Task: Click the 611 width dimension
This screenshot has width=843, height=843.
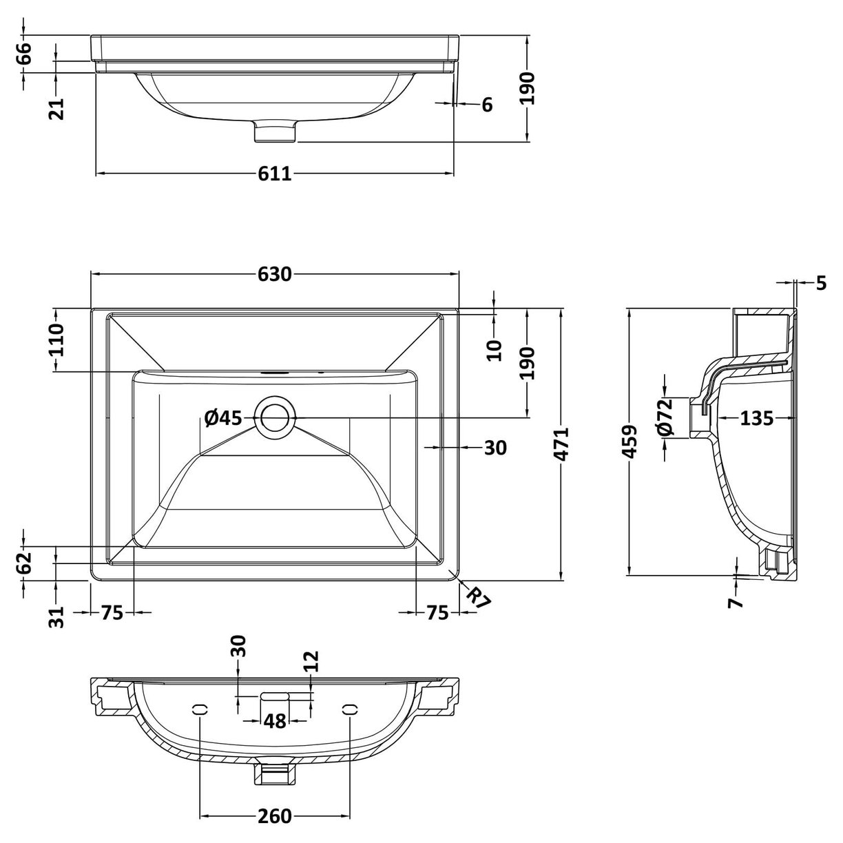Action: (275, 174)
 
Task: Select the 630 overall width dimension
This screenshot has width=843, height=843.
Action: (275, 274)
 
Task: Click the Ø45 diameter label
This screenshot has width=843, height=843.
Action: (222, 418)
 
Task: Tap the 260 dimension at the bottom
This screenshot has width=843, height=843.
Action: (275, 817)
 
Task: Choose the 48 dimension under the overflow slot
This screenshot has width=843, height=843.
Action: (275, 721)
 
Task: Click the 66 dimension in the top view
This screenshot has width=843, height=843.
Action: (24, 53)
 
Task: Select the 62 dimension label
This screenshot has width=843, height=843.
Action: (24, 563)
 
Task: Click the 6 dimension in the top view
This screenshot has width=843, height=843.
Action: (487, 105)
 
